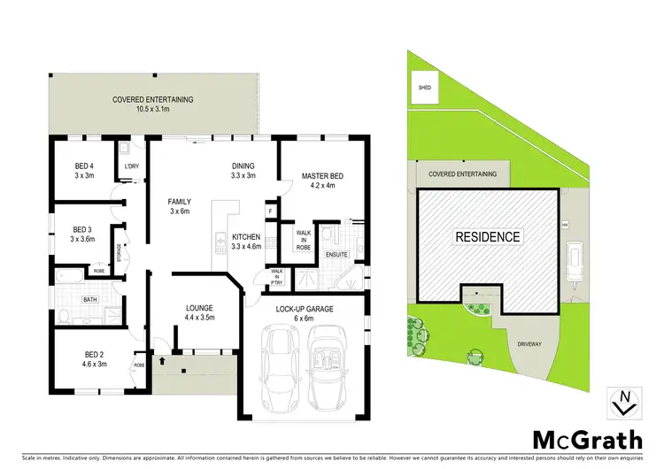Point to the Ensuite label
coord(336,256)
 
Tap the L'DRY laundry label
coord(132,166)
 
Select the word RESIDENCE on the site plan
coord(488,237)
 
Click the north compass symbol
coord(622,403)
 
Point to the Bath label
coord(90,300)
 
